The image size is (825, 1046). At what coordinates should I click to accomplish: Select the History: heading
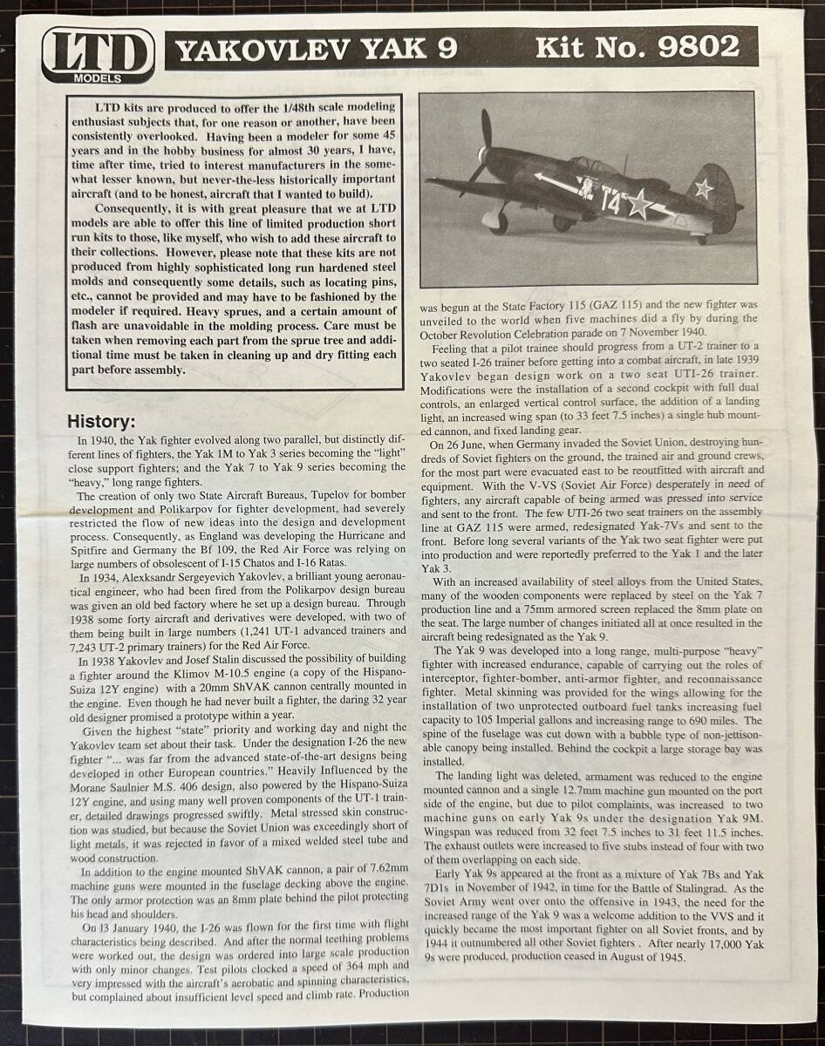[101, 422]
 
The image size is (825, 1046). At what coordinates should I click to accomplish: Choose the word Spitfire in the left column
[93, 548]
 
